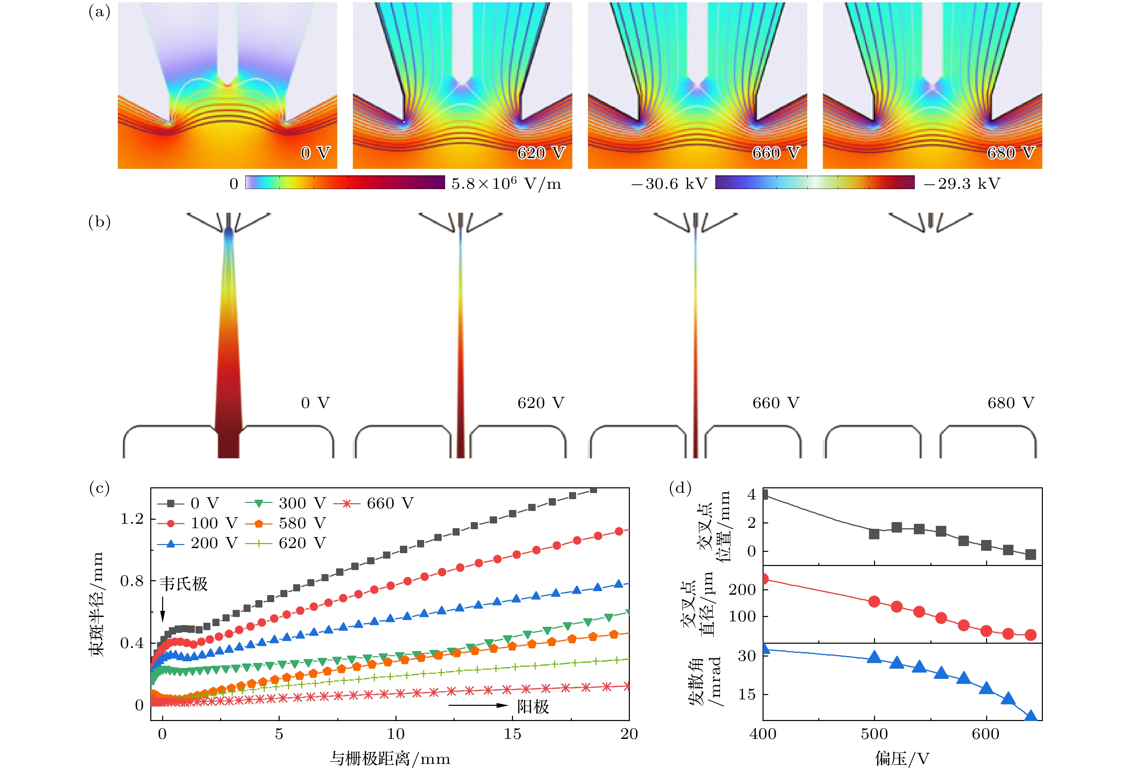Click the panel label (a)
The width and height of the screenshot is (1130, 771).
(99, 12)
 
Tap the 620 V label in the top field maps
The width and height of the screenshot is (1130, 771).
(541, 153)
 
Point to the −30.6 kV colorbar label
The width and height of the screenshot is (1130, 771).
(669, 184)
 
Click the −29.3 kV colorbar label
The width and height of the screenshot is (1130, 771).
(962, 184)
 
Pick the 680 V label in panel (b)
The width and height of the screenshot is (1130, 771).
(1010, 403)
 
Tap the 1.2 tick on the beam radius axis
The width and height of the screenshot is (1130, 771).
(132, 519)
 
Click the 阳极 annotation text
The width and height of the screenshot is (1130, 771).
(533, 706)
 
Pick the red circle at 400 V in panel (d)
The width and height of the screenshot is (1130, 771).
(764, 579)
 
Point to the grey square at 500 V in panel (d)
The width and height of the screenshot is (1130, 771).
(874, 534)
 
